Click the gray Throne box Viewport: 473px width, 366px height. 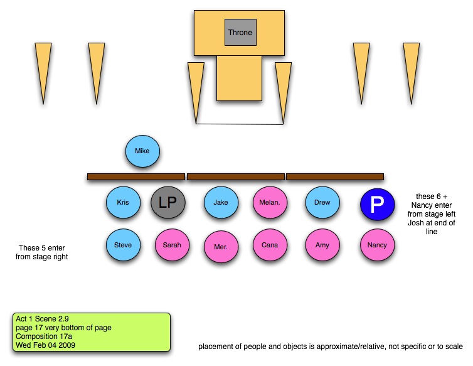(x=240, y=32)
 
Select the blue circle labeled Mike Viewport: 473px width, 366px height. (x=142, y=151)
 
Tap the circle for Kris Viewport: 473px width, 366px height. (x=123, y=202)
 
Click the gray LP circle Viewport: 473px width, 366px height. (x=168, y=202)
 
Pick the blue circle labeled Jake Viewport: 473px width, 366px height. (x=221, y=202)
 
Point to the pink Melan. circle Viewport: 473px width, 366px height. (x=270, y=202)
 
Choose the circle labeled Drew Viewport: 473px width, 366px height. (x=322, y=202)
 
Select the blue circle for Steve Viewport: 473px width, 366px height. (x=123, y=245)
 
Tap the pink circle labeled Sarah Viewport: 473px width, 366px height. (x=172, y=245)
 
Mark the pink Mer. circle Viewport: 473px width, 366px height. (x=221, y=246)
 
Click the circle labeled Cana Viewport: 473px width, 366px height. (x=270, y=245)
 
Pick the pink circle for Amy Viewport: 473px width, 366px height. (x=322, y=245)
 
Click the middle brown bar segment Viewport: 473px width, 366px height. (x=236, y=177)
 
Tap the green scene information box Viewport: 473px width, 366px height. (x=91, y=332)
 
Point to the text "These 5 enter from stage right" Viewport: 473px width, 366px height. (x=41, y=252)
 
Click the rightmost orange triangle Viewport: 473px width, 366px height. (x=412, y=70)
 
